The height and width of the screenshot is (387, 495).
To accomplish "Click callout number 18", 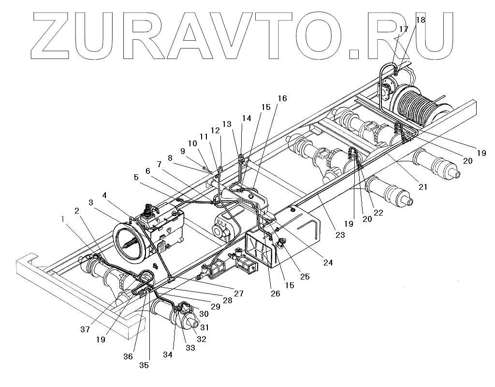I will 420,20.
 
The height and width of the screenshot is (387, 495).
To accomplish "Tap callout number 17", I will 404,29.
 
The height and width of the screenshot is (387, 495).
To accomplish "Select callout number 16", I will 282,99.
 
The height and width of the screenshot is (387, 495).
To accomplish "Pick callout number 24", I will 328,263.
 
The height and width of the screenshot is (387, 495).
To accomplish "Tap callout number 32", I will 202,339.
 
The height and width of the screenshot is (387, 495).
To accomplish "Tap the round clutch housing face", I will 130,244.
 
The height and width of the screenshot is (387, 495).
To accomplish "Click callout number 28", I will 228,300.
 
